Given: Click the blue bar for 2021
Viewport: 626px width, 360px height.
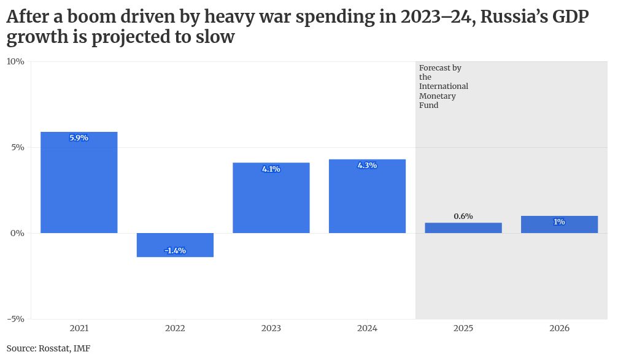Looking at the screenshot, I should pyautogui.click(x=79, y=184).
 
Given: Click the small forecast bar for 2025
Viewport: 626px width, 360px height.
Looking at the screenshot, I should pyautogui.click(x=463, y=228).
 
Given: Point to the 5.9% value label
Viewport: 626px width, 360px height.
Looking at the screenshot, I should pyautogui.click(x=79, y=138).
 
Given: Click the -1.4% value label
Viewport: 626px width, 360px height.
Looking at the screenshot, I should pyautogui.click(x=175, y=250).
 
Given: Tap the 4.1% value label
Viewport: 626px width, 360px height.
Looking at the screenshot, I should pyautogui.click(x=271, y=169).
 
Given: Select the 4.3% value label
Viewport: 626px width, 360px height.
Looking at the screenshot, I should pyautogui.click(x=367, y=166).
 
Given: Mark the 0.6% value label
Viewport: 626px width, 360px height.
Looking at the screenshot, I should pyautogui.click(x=463, y=216).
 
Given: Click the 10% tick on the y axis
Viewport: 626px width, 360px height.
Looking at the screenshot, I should pyautogui.click(x=15, y=61).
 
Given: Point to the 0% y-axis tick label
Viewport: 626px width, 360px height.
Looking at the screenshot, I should pyautogui.click(x=18, y=233).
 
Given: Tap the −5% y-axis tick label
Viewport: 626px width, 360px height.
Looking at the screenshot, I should pyautogui.click(x=15, y=319).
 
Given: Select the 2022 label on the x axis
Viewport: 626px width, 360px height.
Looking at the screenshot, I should pyautogui.click(x=175, y=329).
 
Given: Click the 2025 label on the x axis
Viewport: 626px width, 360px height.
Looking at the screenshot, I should pyautogui.click(x=463, y=329).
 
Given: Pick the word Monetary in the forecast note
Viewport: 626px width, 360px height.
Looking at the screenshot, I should pyautogui.click(x=438, y=96).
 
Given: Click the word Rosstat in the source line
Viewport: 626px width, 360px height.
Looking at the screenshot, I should pyautogui.click(x=55, y=348).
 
